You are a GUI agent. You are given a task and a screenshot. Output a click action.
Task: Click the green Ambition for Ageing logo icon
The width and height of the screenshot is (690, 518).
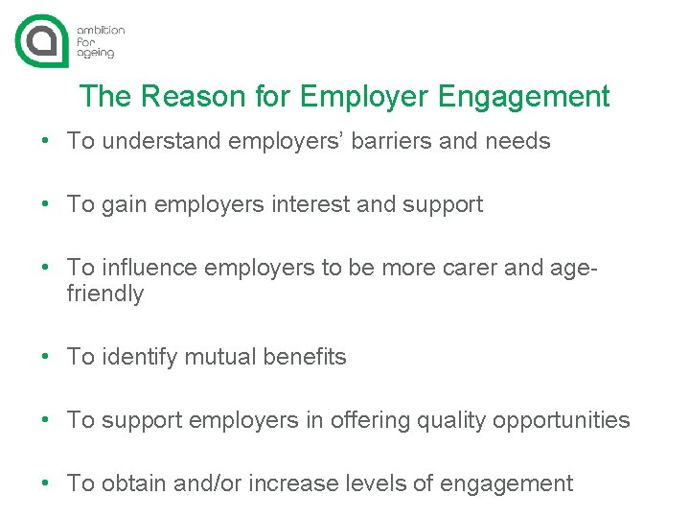point(43,39)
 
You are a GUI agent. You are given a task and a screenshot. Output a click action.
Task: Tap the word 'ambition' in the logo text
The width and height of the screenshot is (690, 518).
point(101,31)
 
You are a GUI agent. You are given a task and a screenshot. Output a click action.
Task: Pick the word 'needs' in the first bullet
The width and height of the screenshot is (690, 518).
point(517,142)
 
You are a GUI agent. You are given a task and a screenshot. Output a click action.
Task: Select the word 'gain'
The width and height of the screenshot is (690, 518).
point(122,205)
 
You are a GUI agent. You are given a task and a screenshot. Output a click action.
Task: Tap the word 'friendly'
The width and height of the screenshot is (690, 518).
point(105,294)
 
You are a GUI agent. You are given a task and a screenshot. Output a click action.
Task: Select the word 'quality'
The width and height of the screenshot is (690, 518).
point(448,421)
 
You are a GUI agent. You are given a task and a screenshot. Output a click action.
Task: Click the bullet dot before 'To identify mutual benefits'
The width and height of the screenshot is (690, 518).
point(45,358)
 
